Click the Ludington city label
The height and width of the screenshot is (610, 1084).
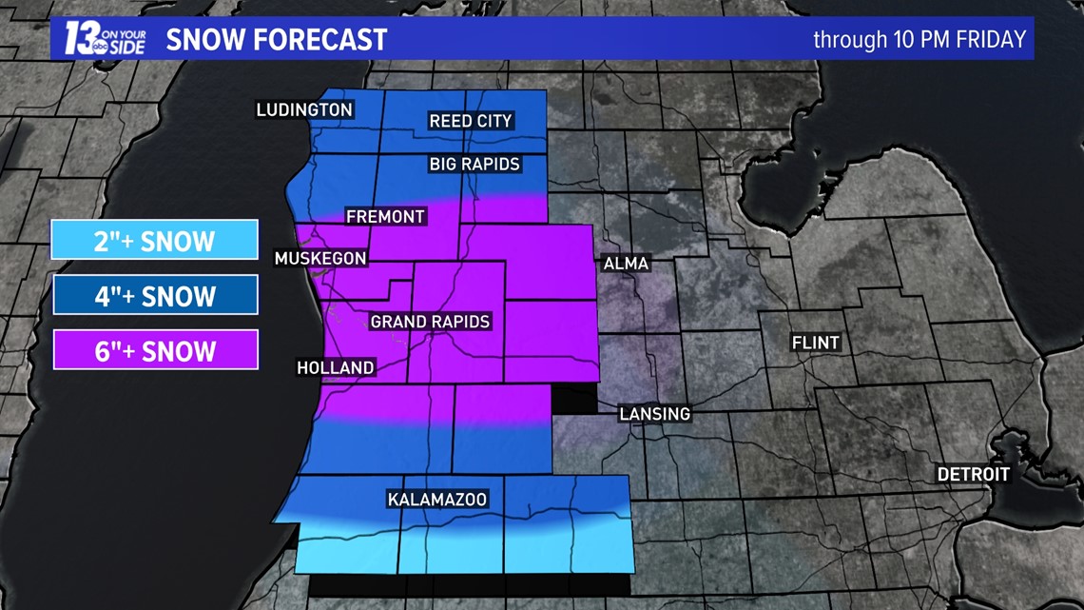point(304,110)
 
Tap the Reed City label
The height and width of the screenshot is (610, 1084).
point(471,121)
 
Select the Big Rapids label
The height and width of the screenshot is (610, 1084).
point(474,165)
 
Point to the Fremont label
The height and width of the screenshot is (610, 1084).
point(385,217)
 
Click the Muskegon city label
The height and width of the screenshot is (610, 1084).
point(320,258)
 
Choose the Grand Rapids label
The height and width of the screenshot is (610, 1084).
point(430,322)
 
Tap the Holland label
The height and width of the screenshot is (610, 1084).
point(336,367)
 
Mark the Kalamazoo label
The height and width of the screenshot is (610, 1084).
point(437,500)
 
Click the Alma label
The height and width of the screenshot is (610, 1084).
point(626,264)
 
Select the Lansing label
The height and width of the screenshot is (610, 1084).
point(654,414)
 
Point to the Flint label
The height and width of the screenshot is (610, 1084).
point(816,343)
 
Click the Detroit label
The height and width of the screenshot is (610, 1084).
point(974,474)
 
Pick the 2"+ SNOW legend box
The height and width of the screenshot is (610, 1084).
point(155,240)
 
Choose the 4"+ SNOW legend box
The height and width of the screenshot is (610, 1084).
point(155,295)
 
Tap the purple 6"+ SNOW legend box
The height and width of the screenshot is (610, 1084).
point(155,350)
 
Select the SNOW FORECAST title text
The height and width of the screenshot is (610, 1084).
point(277,39)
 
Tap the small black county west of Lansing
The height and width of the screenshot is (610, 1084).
point(574,400)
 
